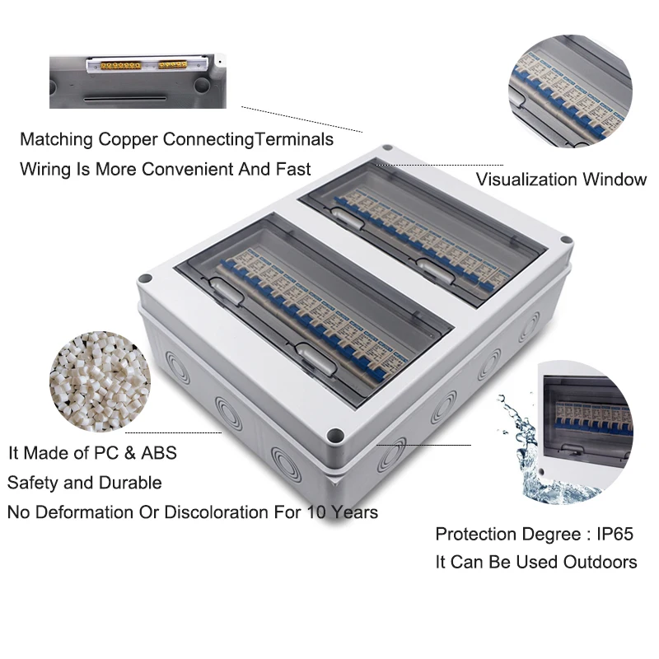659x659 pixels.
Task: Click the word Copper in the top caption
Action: [128, 139]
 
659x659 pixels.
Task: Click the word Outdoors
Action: [600, 562]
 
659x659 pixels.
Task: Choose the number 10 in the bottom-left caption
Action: [317, 512]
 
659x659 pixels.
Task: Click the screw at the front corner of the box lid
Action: [334, 434]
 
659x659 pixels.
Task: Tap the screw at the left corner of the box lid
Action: [145, 278]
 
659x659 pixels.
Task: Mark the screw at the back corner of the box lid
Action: [387, 149]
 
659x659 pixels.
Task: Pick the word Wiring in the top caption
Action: [45, 170]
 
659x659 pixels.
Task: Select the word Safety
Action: [33, 483]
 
